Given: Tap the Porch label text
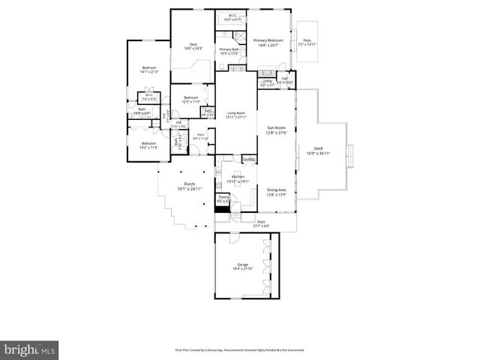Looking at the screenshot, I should pyautogui.click(x=184, y=187).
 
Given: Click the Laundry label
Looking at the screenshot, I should pyautogui.click(x=249, y=158).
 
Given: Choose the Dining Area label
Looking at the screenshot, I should pyautogui.click(x=277, y=191).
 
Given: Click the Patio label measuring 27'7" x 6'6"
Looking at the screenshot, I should pyautogui.click(x=262, y=223).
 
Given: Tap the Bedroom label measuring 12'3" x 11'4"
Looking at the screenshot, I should pyautogui.click(x=191, y=99).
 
